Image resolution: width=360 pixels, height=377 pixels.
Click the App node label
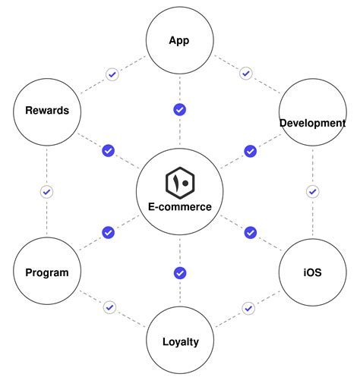tap(179, 41)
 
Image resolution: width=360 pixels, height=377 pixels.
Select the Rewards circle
tap(46, 111)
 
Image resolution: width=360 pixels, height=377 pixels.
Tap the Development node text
tap(312, 123)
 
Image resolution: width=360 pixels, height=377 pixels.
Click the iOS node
tap(311, 272)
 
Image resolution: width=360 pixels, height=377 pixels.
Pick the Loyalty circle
tap(180, 341)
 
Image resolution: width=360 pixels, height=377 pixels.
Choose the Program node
tap(46, 272)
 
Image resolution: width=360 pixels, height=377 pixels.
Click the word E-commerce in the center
tap(180, 206)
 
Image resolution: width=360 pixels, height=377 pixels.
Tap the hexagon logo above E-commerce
tap(180, 182)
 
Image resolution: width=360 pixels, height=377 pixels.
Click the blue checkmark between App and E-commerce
tap(179, 110)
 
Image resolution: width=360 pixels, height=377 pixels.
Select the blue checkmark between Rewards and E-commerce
tap(109, 150)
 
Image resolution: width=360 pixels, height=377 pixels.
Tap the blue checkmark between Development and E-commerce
tap(250, 151)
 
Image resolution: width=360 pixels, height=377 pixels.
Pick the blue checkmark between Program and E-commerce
tap(108, 232)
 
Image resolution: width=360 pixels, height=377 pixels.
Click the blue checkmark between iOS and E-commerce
tap(250, 232)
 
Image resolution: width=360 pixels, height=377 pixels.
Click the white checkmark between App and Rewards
tap(112, 74)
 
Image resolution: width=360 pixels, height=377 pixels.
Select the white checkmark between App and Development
tap(245, 74)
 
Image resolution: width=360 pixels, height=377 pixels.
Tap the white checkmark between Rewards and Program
tap(46, 192)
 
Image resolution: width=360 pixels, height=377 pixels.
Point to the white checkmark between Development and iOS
tap(311, 192)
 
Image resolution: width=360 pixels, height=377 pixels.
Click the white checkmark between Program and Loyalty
tap(110, 307)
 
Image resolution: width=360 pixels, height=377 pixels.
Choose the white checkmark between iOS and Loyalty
tap(248, 308)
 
